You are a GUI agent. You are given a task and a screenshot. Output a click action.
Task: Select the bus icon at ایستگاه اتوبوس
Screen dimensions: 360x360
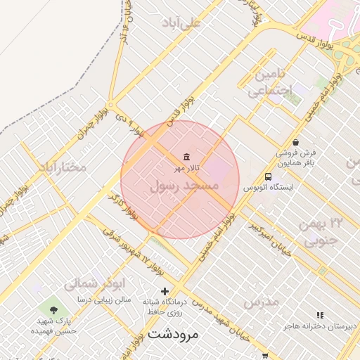click(x=268, y=177)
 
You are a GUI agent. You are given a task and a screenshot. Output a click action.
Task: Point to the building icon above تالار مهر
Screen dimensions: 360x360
click(x=186, y=157)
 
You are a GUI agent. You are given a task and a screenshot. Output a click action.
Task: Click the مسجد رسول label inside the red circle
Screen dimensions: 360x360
click(x=184, y=186)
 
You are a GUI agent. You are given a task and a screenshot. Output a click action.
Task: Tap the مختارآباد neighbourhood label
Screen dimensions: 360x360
click(x=62, y=167)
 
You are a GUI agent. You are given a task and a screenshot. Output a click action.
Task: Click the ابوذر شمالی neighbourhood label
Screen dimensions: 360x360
click(x=89, y=284)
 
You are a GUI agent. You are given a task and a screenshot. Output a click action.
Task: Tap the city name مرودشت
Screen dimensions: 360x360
click(x=173, y=334)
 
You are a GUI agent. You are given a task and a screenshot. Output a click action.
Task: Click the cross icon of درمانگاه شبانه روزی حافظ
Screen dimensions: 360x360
click(x=165, y=291)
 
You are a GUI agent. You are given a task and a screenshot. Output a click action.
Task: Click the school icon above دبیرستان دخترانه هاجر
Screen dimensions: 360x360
click(x=320, y=315)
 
